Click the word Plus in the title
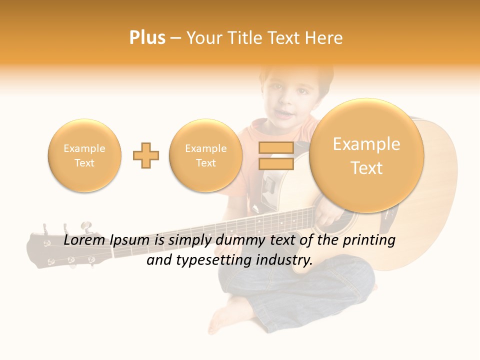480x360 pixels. click(x=147, y=38)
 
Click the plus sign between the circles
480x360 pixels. click(x=146, y=155)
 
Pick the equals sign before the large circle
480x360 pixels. click(x=275, y=155)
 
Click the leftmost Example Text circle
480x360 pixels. click(x=84, y=155)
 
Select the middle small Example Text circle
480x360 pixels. click(x=206, y=155)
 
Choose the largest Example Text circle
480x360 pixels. click(x=366, y=155)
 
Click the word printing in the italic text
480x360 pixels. click(x=371, y=240)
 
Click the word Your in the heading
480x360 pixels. click(x=203, y=38)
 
